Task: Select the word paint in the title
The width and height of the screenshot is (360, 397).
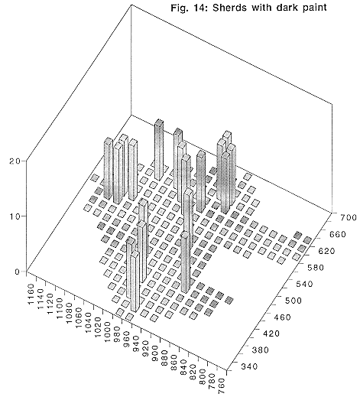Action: [315, 8]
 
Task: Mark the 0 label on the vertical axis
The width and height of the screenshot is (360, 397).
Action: [17, 272]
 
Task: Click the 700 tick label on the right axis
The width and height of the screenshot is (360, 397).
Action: [348, 217]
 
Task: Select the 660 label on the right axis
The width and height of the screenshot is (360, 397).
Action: [337, 234]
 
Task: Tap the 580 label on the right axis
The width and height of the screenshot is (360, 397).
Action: [315, 268]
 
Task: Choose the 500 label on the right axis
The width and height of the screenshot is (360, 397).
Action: [293, 301]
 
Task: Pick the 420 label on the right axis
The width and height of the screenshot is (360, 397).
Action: [271, 334]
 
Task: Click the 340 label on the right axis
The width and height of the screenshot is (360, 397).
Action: [249, 366]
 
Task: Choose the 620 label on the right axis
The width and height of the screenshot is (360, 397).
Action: [326, 251]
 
